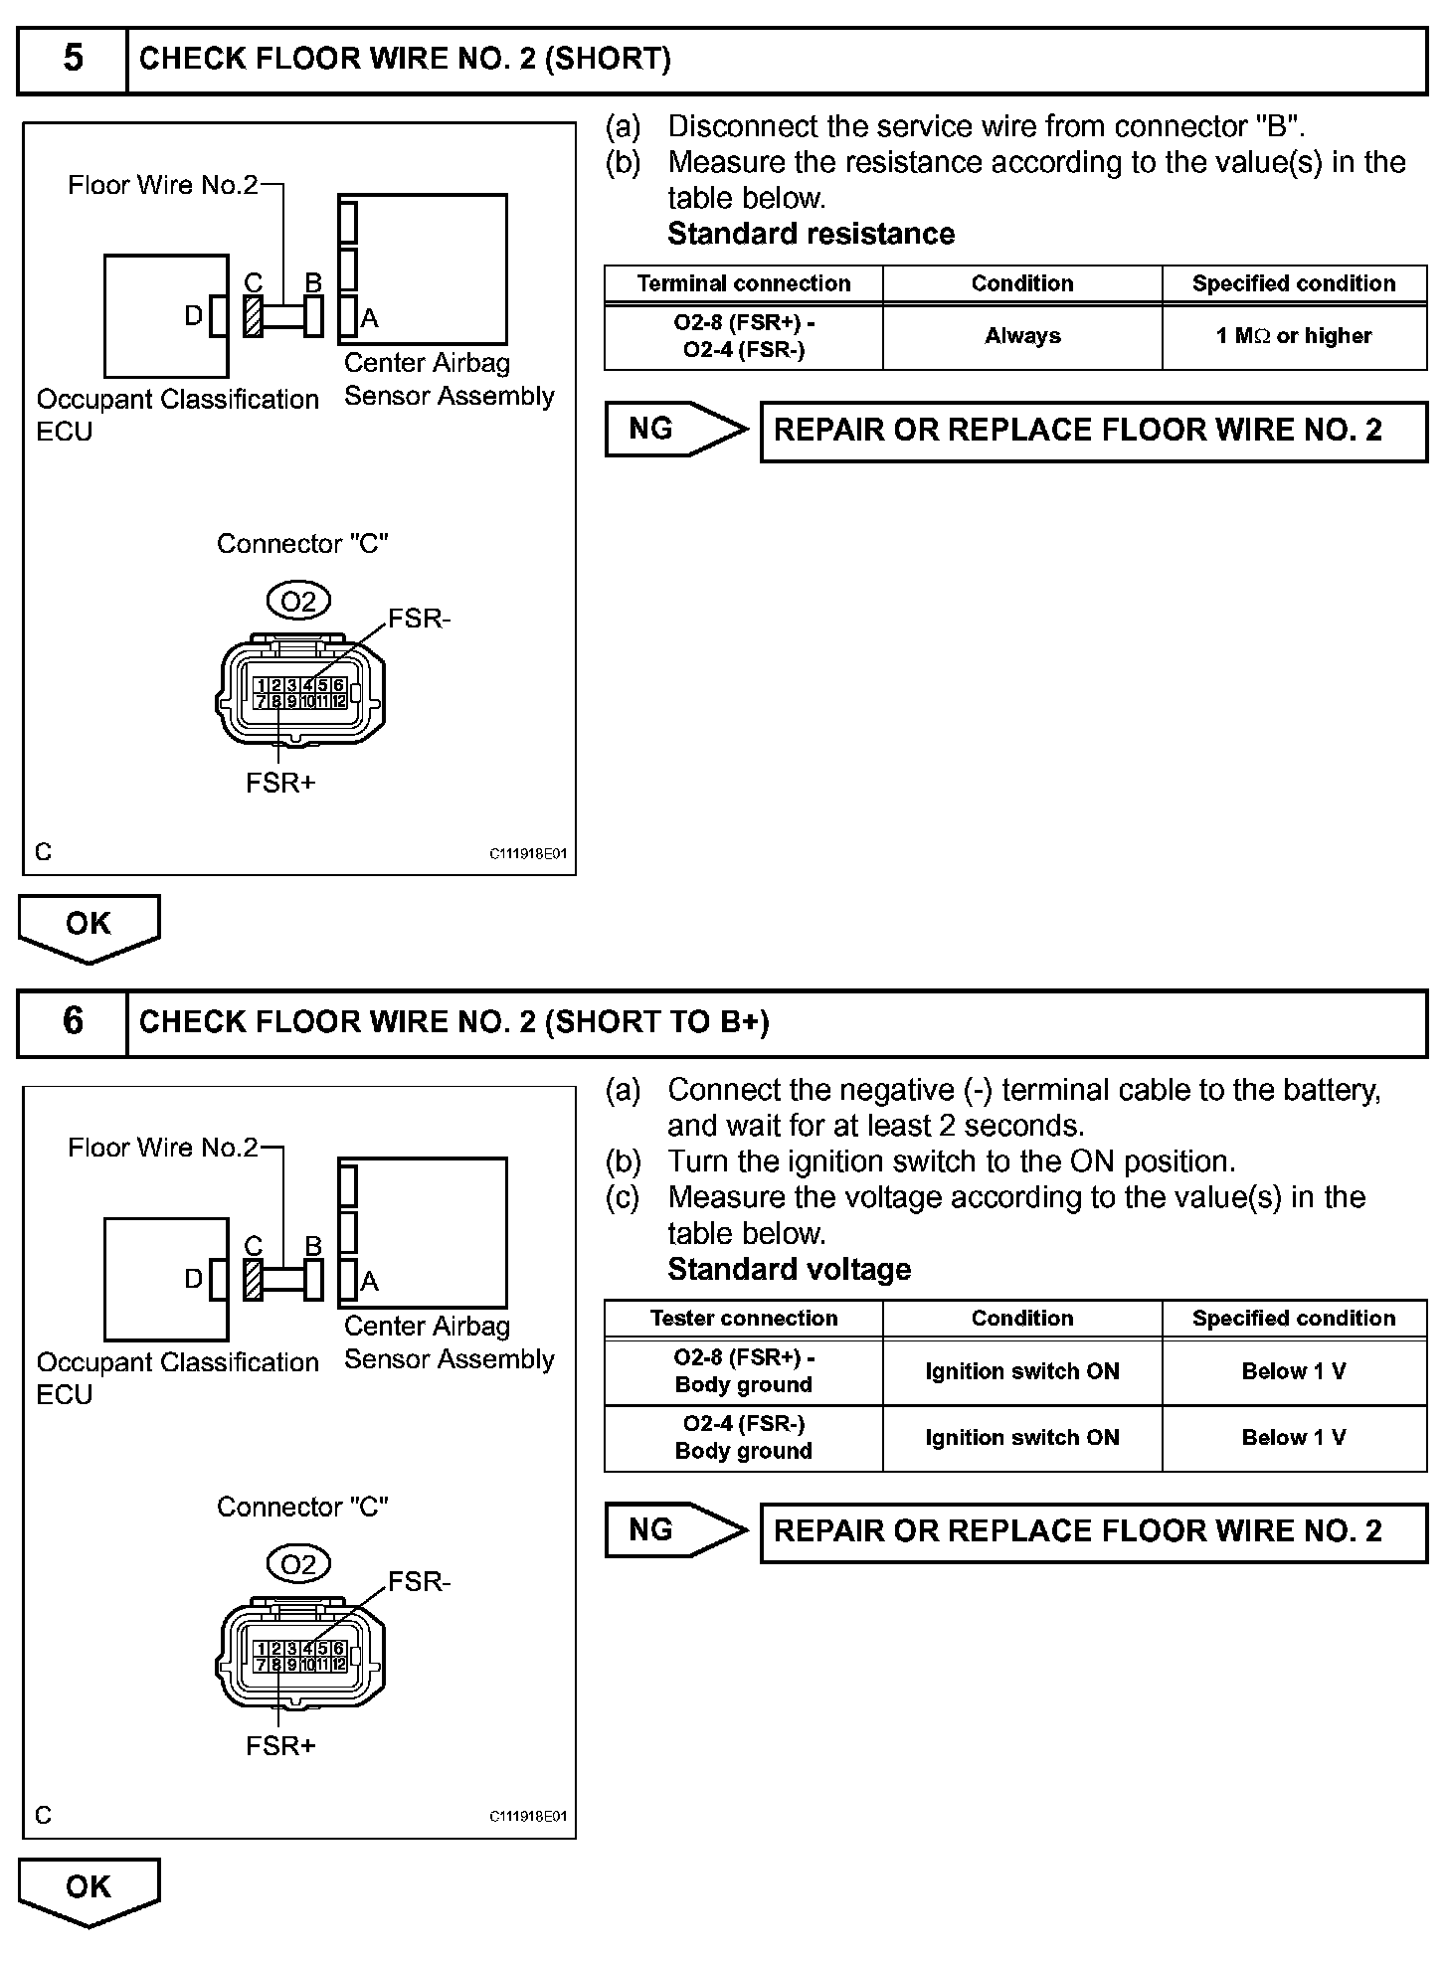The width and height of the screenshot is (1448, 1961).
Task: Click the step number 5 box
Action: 73,60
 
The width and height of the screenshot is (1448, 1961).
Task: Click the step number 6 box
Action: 73,1022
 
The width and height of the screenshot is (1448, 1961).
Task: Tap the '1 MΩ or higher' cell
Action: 1293,336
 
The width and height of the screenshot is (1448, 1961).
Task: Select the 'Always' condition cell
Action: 1022,336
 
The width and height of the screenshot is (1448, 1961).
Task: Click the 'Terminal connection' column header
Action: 743,283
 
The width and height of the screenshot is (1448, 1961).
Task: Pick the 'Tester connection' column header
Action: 743,1319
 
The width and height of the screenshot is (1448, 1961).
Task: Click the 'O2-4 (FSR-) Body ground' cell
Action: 743,1438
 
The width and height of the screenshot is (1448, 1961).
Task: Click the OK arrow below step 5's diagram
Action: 89,926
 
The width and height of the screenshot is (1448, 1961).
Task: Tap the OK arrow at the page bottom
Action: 89,1888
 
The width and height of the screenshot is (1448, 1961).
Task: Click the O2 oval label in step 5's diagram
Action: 298,602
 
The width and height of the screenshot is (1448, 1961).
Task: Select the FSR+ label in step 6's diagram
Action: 280,1746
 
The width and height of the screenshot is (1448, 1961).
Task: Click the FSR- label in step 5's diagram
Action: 419,619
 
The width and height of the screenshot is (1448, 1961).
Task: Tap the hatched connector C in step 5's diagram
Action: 254,316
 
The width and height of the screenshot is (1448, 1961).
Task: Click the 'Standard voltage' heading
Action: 789,1270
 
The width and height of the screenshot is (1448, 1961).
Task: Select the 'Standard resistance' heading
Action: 811,234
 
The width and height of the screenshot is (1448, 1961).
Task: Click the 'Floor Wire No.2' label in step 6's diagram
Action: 162,1148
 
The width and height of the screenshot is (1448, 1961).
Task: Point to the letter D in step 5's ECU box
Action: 194,316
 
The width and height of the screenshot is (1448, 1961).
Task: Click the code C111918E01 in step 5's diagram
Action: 527,854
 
